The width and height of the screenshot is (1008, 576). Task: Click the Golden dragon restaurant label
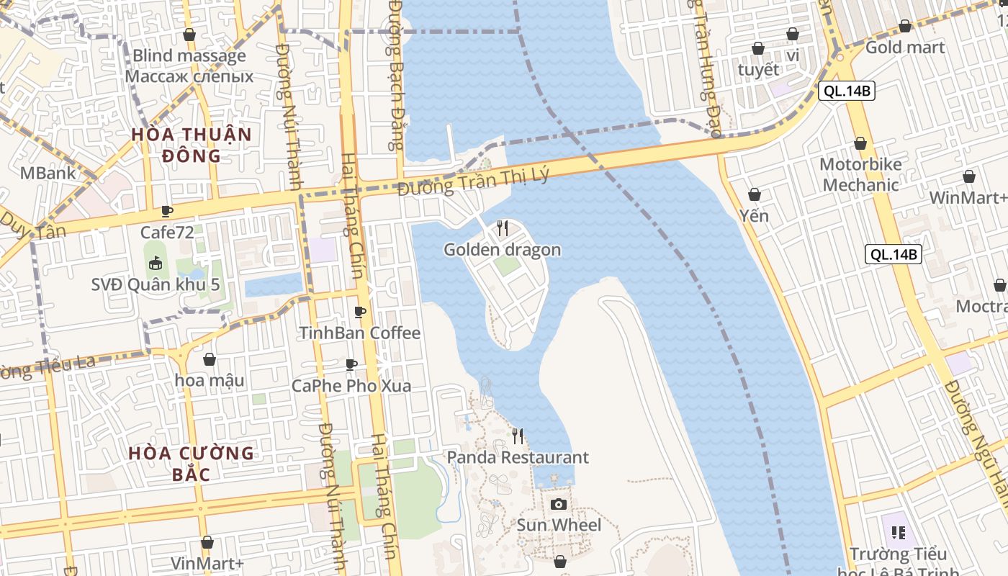(502, 250)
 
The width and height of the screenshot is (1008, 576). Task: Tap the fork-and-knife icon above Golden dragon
(503, 228)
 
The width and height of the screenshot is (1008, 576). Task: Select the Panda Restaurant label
(518, 457)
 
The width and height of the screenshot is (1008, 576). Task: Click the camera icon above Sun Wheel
(558, 504)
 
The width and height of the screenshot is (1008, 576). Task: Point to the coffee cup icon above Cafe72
(167, 211)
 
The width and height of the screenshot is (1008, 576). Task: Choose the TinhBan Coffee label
(359, 333)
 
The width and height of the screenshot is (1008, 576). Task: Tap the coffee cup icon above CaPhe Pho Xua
(351, 364)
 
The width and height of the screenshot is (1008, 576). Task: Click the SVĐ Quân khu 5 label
(155, 284)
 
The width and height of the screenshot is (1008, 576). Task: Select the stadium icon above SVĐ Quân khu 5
(155, 264)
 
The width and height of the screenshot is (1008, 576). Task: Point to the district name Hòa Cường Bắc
(192, 463)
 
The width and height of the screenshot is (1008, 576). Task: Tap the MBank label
(48, 173)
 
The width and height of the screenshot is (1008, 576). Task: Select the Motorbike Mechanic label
(860, 174)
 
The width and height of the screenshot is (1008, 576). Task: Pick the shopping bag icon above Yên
(754, 194)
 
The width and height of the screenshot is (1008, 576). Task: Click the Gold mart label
(905, 48)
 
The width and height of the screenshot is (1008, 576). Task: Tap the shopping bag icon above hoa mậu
(210, 359)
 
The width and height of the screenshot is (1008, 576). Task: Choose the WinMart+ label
(968, 198)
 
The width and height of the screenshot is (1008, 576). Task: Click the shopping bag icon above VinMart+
(207, 542)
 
